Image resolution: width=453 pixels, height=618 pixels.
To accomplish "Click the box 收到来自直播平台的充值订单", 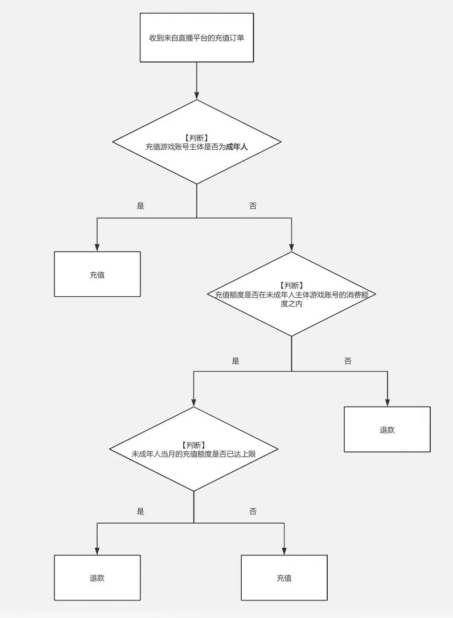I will point(197,37).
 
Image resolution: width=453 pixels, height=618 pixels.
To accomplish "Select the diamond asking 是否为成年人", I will point(197,142).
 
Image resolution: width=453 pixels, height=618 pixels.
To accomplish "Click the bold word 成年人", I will point(237,147).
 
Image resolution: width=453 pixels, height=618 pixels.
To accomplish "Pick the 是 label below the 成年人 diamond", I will point(140,206).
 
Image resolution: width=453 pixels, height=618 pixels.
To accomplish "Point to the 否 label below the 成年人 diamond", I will point(253,206).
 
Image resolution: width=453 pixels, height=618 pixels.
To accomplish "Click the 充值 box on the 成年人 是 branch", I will point(97,274).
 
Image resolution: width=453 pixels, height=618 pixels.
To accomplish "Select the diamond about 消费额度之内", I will point(291,294).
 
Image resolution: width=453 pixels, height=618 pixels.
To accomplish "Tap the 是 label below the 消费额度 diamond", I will point(235,361).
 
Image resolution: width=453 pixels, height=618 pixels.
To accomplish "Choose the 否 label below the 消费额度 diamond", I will point(348,361).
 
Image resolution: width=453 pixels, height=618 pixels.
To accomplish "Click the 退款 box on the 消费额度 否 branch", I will point(387,430).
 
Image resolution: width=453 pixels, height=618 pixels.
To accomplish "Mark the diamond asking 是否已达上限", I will point(194,449).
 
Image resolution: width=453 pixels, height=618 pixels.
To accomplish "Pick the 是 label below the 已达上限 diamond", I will point(140,511).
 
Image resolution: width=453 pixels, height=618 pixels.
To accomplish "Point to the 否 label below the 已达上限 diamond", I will point(253,511).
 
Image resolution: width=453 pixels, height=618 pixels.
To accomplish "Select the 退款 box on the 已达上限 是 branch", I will point(97,578).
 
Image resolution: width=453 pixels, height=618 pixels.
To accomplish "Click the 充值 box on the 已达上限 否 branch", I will point(284,578).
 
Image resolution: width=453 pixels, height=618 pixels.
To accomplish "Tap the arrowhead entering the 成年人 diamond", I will point(197,95).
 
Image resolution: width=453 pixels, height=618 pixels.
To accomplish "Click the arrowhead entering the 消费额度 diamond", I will point(291,247).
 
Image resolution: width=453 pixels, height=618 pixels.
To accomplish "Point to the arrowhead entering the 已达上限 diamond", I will point(194,402).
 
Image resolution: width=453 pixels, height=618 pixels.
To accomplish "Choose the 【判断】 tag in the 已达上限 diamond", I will point(194,445).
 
